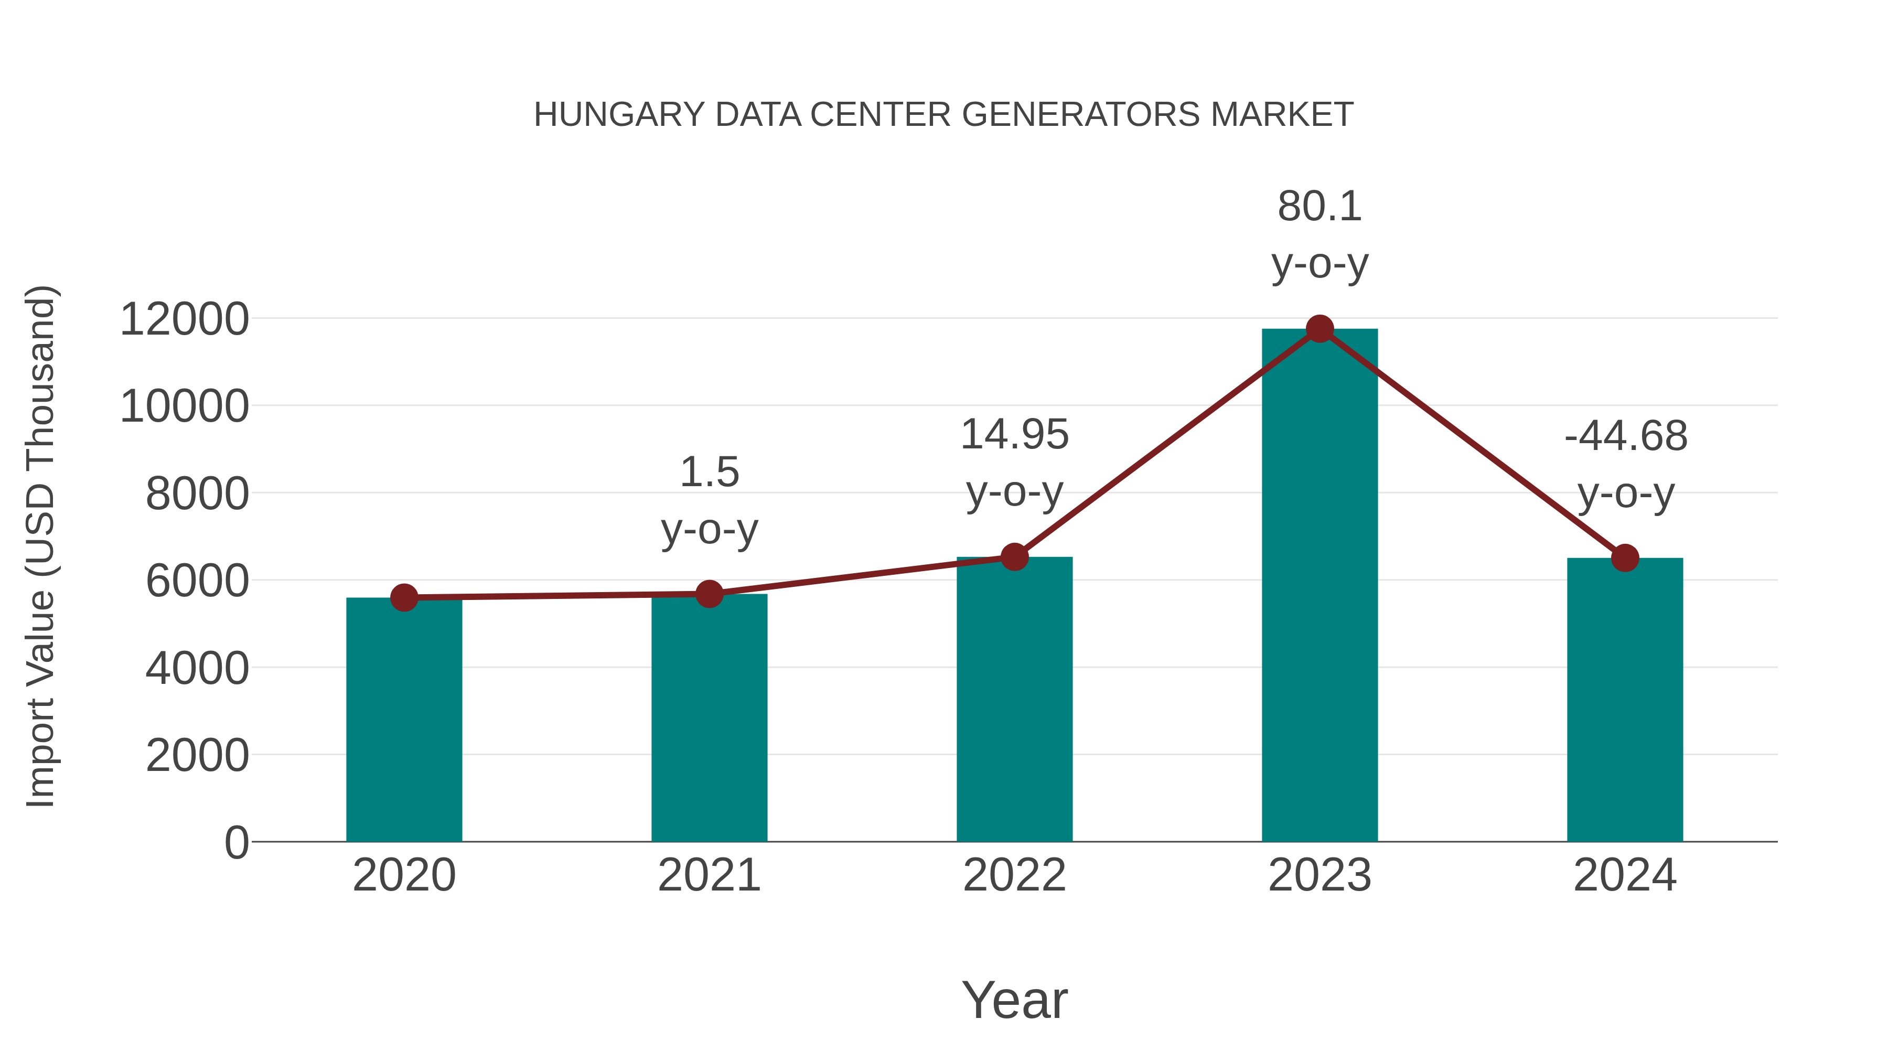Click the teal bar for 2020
pos(404,722)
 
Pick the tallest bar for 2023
pos(1320,586)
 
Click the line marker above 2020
pos(404,598)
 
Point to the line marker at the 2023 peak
pos(1320,329)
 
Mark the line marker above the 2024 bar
pos(1625,559)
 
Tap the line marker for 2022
pos(1014,557)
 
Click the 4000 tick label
pos(197,669)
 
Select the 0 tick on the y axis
pos(236,843)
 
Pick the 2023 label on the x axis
pos(1320,876)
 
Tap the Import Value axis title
pos(40,546)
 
